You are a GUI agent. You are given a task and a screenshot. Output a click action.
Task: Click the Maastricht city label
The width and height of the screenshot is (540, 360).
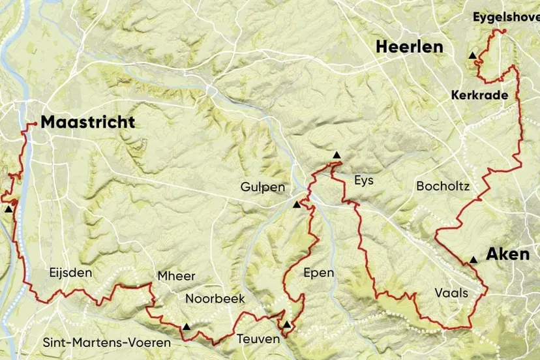point(87,122)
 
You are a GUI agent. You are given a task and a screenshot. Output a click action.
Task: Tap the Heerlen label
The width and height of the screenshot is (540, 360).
point(408,46)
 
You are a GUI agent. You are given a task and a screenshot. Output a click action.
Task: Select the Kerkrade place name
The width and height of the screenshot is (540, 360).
point(479,95)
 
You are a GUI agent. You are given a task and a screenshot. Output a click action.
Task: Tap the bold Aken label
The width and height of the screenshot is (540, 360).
point(507,254)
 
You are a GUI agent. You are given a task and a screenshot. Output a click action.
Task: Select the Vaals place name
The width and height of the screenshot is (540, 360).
point(451,293)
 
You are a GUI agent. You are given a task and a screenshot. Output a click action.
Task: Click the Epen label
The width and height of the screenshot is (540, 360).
point(318,273)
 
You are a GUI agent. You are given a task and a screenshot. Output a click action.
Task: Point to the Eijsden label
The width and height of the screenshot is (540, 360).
point(70,273)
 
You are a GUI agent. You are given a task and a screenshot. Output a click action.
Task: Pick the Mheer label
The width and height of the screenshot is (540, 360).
point(176,277)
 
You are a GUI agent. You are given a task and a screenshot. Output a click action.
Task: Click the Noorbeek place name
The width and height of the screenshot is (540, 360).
point(215,299)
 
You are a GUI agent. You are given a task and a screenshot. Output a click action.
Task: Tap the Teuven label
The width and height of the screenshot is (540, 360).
point(258,338)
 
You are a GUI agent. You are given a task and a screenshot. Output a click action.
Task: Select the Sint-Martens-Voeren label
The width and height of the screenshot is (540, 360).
point(106,342)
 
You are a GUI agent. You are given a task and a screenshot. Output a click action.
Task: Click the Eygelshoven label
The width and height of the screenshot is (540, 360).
point(505,18)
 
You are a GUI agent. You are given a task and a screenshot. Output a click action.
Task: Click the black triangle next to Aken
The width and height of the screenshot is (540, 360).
point(473,260)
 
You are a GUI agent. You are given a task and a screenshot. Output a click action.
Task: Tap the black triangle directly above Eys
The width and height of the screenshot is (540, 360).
point(337,155)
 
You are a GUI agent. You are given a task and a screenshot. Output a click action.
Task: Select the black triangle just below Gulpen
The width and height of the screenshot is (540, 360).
point(297,205)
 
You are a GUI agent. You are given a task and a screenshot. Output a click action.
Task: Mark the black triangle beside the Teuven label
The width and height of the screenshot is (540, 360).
point(286,325)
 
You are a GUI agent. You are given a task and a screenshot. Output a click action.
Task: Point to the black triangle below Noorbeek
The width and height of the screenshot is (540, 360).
point(187,327)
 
